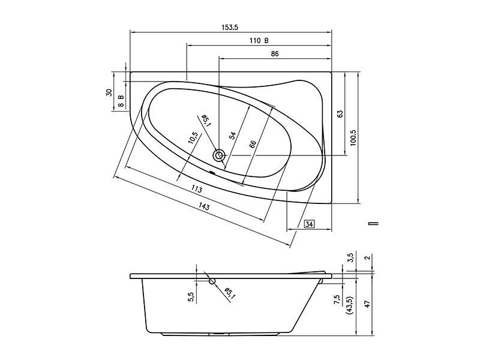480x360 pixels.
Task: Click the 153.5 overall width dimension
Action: click(x=230, y=27)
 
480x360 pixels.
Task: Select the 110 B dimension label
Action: click(x=259, y=40)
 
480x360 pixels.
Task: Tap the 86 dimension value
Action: click(x=275, y=53)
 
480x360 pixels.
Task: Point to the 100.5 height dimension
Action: click(x=353, y=138)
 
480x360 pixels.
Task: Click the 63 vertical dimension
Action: click(x=340, y=114)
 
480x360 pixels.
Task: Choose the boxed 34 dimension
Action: click(x=310, y=224)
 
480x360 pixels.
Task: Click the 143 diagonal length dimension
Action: click(x=204, y=207)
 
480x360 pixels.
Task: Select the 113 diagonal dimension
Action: click(x=197, y=189)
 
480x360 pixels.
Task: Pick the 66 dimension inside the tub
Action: click(x=253, y=144)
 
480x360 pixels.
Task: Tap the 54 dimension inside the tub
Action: click(x=233, y=136)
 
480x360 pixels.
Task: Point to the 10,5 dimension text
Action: click(x=193, y=138)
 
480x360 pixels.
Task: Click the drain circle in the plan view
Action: click(x=219, y=155)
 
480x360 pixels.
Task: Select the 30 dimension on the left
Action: click(x=109, y=93)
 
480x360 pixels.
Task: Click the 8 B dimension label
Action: click(x=121, y=101)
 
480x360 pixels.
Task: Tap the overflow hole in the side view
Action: click(x=212, y=281)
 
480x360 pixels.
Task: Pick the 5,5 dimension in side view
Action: click(x=191, y=297)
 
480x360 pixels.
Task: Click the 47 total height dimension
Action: click(x=368, y=304)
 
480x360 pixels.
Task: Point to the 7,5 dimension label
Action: click(x=337, y=299)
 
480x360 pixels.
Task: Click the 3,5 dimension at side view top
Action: click(x=351, y=257)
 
